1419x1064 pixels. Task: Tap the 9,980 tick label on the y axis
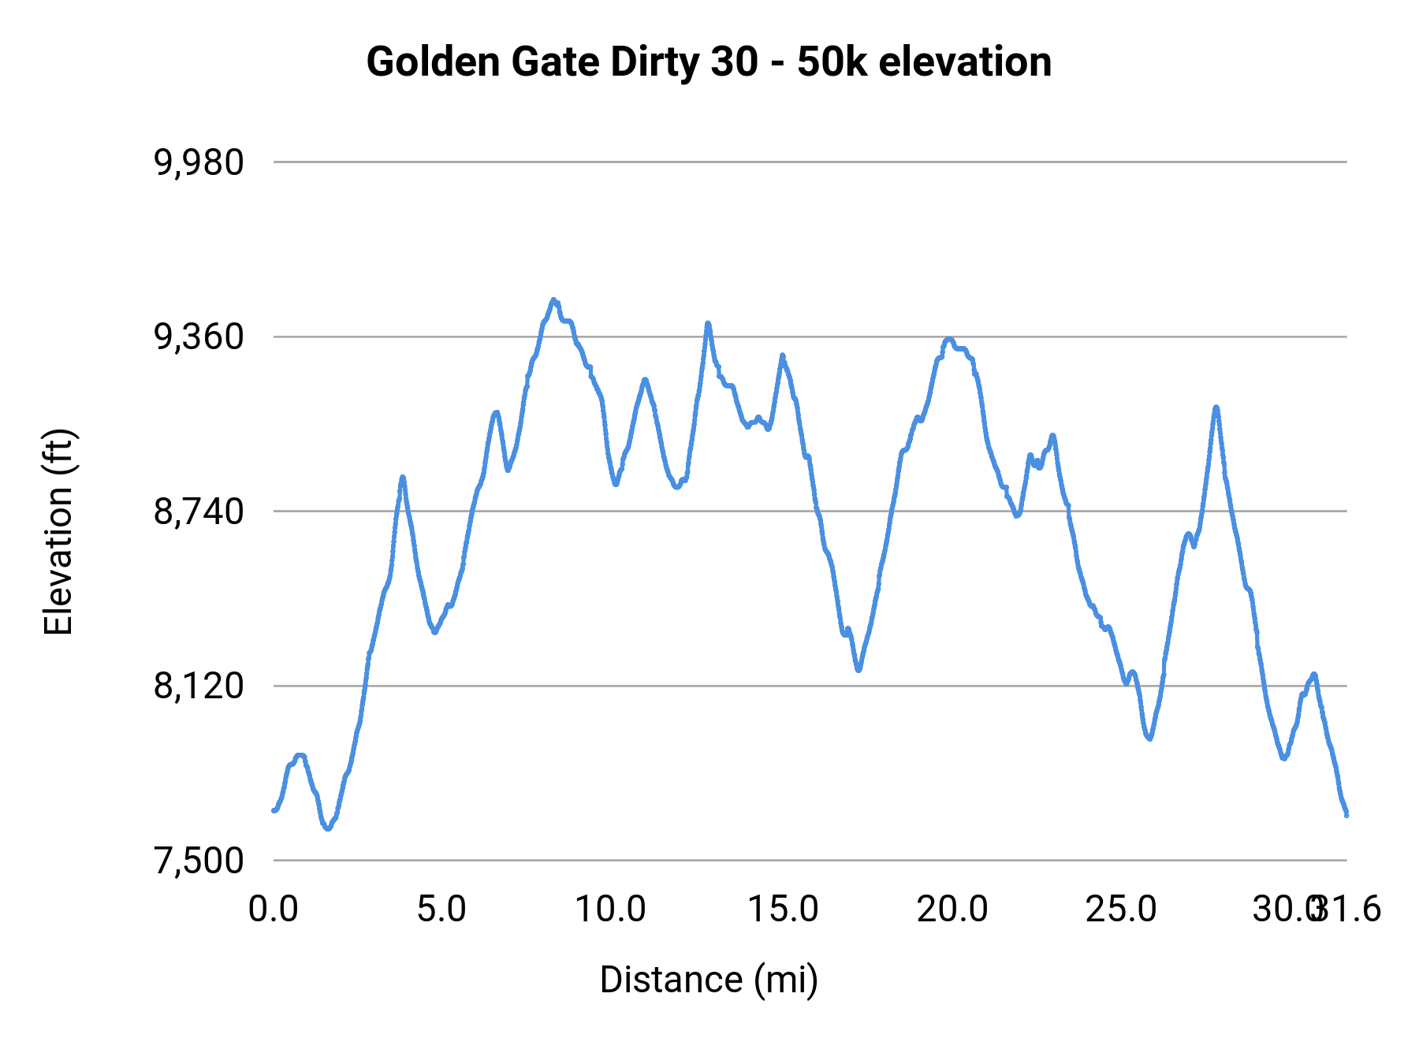[199, 162]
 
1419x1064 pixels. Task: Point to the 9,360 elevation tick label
[199, 337]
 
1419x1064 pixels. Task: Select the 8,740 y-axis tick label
[199, 512]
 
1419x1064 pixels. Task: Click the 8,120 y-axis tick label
[199, 686]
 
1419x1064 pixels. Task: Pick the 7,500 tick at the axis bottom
[199, 861]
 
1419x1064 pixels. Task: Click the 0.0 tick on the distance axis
[273, 910]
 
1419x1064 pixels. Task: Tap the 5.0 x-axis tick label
[441, 910]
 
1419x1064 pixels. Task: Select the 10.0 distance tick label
[610, 910]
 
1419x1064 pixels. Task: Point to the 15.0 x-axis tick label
[783, 910]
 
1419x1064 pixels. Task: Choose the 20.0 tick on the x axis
[952, 910]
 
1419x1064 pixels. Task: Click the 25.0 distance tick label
[1121, 910]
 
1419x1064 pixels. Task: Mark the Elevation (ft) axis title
[58, 532]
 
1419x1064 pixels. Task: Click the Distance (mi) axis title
[709, 980]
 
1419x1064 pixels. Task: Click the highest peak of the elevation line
[553, 299]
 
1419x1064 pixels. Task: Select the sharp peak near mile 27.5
[1216, 407]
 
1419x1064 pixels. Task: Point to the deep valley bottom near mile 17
[858, 670]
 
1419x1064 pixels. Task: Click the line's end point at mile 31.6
[1346, 814]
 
